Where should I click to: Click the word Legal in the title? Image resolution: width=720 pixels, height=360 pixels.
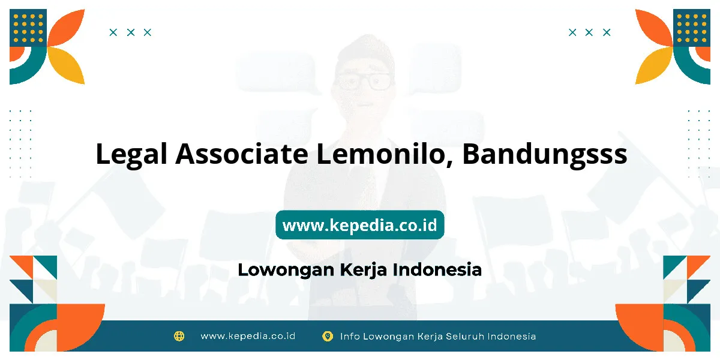pos(131,155)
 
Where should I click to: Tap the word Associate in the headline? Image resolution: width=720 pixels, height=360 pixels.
pos(242,154)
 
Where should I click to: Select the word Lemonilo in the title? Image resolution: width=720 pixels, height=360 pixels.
pos(385,154)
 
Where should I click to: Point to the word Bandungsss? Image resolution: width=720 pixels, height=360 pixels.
pos(545,155)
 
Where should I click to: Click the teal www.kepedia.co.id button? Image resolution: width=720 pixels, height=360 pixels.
pos(359,224)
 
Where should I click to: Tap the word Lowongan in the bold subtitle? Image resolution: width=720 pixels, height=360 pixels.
pos(286,270)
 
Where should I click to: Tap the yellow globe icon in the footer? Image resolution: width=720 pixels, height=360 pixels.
pos(179,336)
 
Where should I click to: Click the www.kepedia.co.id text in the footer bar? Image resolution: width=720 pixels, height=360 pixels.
pos(248,336)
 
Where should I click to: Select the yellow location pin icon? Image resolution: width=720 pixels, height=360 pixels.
pos(327,336)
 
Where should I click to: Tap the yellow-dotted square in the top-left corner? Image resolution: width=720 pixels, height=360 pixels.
pos(28,28)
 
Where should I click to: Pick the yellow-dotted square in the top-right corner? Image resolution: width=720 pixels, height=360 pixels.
pos(692,28)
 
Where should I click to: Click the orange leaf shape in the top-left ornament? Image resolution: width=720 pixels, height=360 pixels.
pos(66,28)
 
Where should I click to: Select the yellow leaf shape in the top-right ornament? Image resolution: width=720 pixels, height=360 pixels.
pos(654,65)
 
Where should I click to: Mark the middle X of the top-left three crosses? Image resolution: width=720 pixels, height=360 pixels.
pos(131,32)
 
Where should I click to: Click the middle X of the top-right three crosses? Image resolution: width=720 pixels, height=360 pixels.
pos(589,32)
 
